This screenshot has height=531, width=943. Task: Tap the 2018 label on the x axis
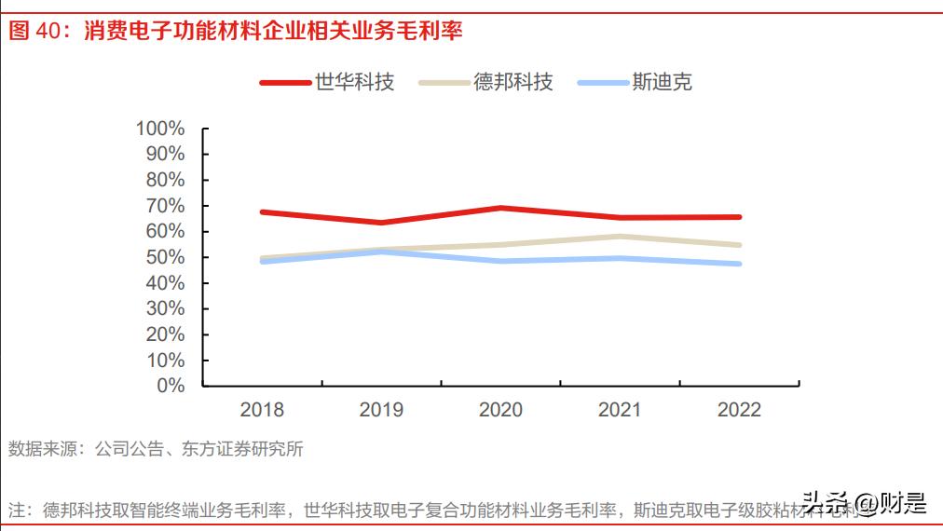(x=262, y=410)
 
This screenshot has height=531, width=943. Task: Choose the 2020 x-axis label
(x=500, y=410)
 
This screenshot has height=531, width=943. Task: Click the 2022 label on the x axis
(x=739, y=410)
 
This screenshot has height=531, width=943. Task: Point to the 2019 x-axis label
(x=381, y=410)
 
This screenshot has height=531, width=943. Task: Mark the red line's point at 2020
(x=500, y=208)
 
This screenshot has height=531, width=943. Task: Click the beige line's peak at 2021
(x=620, y=237)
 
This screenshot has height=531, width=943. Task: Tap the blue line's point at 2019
(x=381, y=252)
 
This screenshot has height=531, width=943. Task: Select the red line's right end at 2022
(x=739, y=217)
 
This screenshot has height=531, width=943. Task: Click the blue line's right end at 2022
(x=739, y=264)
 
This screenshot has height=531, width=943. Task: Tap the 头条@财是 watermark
(x=865, y=504)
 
